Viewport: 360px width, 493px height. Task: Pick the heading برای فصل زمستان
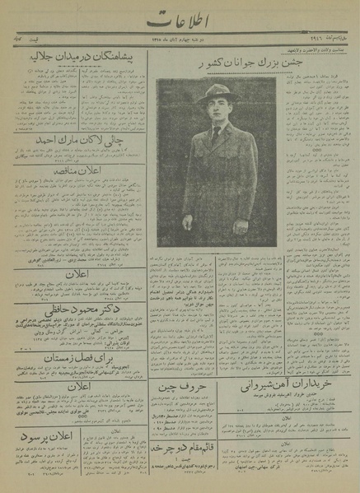click(79, 359)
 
